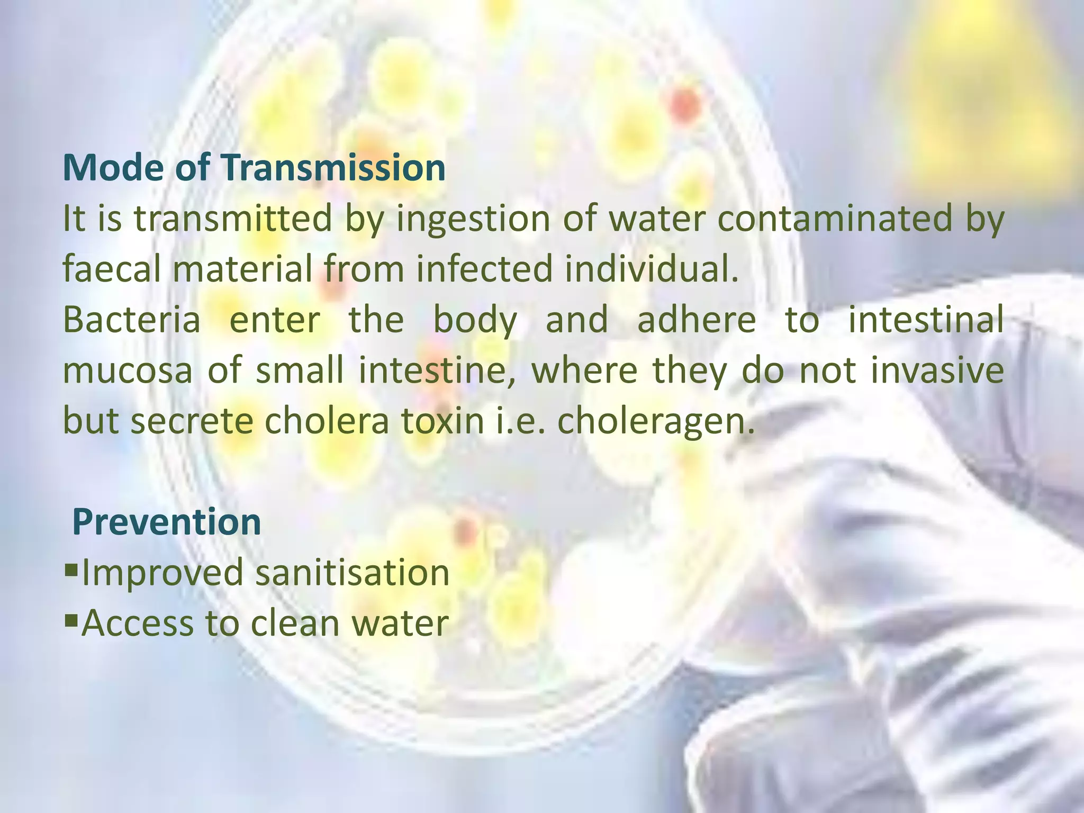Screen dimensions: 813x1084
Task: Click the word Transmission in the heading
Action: click(333, 168)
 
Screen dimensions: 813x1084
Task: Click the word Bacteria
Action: click(132, 320)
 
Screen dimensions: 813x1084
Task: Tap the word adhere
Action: click(696, 320)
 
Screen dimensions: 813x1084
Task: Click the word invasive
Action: click(937, 371)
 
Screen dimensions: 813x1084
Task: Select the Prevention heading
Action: click(167, 522)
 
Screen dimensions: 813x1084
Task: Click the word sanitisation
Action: click(352, 573)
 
